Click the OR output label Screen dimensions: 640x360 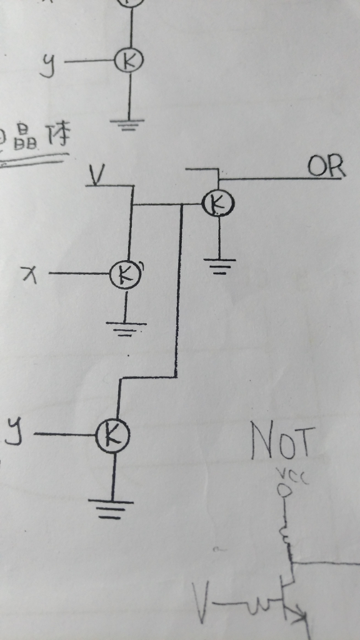click(x=325, y=166)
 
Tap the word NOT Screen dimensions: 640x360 click(x=280, y=441)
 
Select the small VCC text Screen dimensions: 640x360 click(x=285, y=476)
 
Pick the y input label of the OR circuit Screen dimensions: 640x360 click(x=14, y=431)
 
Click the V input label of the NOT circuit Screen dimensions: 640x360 click(x=201, y=602)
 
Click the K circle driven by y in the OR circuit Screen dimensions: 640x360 click(x=112, y=434)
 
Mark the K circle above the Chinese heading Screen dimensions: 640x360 click(x=129, y=60)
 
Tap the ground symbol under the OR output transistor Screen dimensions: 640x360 click(x=219, y=265)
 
